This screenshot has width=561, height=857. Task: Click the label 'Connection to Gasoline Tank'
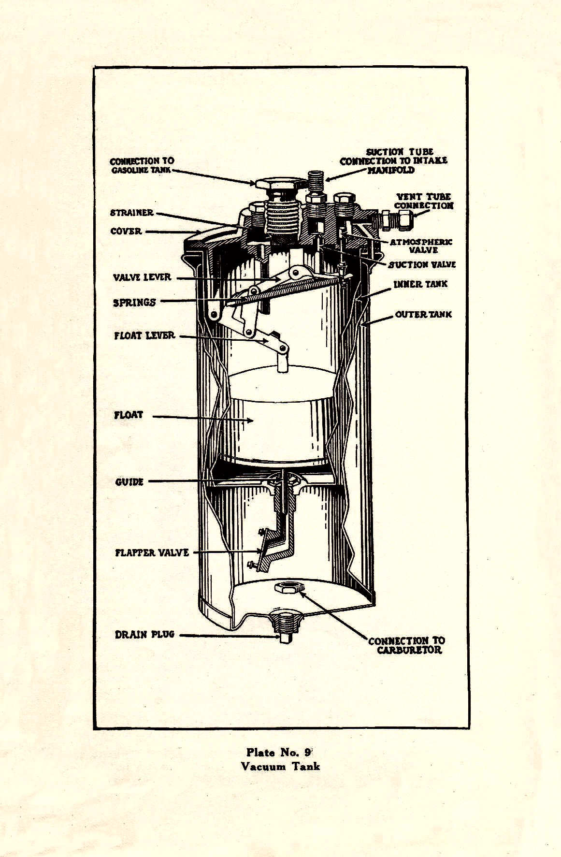(x=142, y=165)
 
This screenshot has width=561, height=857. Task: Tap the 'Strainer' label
(x=131, y=212)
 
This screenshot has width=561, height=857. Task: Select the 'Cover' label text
(x=126, y=231)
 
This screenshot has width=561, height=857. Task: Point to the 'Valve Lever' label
(x=142, y=277)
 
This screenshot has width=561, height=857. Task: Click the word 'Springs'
(x=134, y=303)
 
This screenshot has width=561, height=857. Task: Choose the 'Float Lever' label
(x=144, y=335)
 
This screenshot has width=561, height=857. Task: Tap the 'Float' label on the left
(x=129, y=415)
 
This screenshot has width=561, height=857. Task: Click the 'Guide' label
(x=129, y=482)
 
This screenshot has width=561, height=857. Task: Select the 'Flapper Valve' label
(x=152, y=552)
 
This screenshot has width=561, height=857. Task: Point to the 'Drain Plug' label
(x=144, y=634)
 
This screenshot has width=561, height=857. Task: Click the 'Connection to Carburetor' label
(x=406, y=645)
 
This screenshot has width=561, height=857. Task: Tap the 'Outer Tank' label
(x=423, y=314)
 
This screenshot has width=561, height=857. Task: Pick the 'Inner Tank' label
(x=420, y=284)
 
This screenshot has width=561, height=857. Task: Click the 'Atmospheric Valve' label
(x=421, y=246)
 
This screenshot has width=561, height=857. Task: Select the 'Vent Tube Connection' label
(x=424, y=201)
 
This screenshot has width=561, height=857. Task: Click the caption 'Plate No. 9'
(x=280, y=752)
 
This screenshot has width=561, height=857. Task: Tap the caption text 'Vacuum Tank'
(x=280, y=766)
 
